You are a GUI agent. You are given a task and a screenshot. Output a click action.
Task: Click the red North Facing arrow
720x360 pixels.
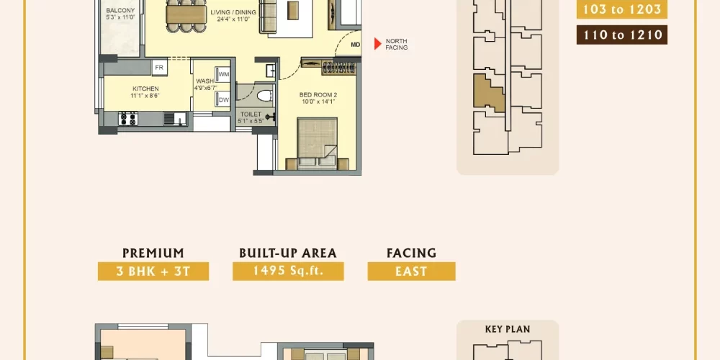click(x=377, y=44)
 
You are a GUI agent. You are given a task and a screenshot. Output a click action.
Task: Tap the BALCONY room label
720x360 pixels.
click(x=120, y=11)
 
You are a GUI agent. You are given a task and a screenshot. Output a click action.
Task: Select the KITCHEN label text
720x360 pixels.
click(x=145, y=89)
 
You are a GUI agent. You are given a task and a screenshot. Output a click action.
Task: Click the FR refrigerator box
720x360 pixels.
click(x=159, y=68)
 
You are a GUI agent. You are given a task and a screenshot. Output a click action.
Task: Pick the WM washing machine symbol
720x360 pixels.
click(x=224, y=74)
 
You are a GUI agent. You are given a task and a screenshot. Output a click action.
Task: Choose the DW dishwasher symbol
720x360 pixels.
click(x=224, y=99)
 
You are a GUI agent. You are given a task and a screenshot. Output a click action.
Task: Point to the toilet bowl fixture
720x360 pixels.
click(x=264, y=96)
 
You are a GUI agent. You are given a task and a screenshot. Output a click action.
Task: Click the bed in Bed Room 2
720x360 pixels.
click(x=317, y=143)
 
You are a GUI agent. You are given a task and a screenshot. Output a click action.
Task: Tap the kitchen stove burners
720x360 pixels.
click(x=127, y=119)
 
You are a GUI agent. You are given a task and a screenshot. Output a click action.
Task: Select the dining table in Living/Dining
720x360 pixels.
click(x=186, y=14)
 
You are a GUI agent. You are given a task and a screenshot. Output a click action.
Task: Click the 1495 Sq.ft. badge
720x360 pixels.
click(x=289, y=271)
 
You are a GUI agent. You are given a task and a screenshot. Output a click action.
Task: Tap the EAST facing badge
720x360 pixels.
click(x=411, y=271)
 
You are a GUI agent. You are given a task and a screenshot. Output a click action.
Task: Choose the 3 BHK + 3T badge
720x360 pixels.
click(x=153, y=271)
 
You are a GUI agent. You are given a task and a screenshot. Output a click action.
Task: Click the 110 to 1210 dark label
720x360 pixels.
click(x=622, y=35)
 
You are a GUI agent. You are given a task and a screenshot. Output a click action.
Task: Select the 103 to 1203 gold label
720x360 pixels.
click(x=622, y=9)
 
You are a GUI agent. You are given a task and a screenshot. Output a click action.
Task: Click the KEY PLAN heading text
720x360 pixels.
click(x=508, y=329)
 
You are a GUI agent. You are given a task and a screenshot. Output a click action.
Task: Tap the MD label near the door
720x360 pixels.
click(x=356, y=45)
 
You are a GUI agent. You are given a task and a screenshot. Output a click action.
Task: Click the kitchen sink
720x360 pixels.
click(x=175, y=119)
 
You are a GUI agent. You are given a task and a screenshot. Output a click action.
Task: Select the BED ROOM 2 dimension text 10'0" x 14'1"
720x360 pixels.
click(x=318, y=102)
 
